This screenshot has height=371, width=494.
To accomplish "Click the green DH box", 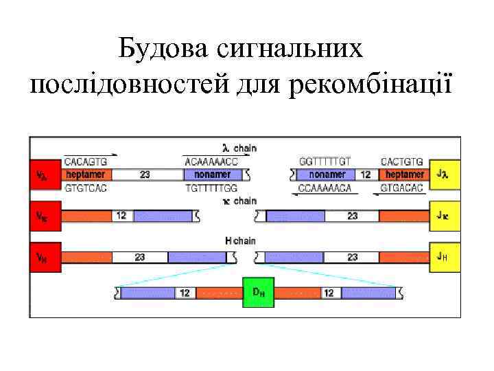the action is tap(259, 292).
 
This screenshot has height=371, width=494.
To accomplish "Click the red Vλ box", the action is tap(44, 175).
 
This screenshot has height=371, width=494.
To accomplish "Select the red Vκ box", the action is tap(44, 215).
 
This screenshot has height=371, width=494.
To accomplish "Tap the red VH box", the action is tap(44, 257).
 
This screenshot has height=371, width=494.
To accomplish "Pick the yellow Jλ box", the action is tap(443, 175).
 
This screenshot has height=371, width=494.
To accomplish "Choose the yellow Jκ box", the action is tap(443, 215).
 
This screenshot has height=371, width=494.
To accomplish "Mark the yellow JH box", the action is tap(443, 257).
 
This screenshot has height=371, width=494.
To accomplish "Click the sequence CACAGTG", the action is tap(86, 162).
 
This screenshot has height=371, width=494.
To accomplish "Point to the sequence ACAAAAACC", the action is tap(211, 162).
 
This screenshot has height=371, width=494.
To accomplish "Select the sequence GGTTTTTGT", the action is tap(325, 161).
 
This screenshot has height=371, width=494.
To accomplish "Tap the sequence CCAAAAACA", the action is tap(325, 188).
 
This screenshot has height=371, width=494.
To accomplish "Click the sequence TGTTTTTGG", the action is tap(211, 188).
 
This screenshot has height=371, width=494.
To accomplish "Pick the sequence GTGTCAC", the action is tap(86, 188).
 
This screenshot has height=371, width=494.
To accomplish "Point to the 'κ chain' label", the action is tap(239, 201).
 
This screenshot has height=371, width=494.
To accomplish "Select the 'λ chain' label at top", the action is tap(239, 148).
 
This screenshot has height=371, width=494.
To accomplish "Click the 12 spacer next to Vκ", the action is tap(121, 216).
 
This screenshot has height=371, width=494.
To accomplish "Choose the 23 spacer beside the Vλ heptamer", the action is tap(145, 175).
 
